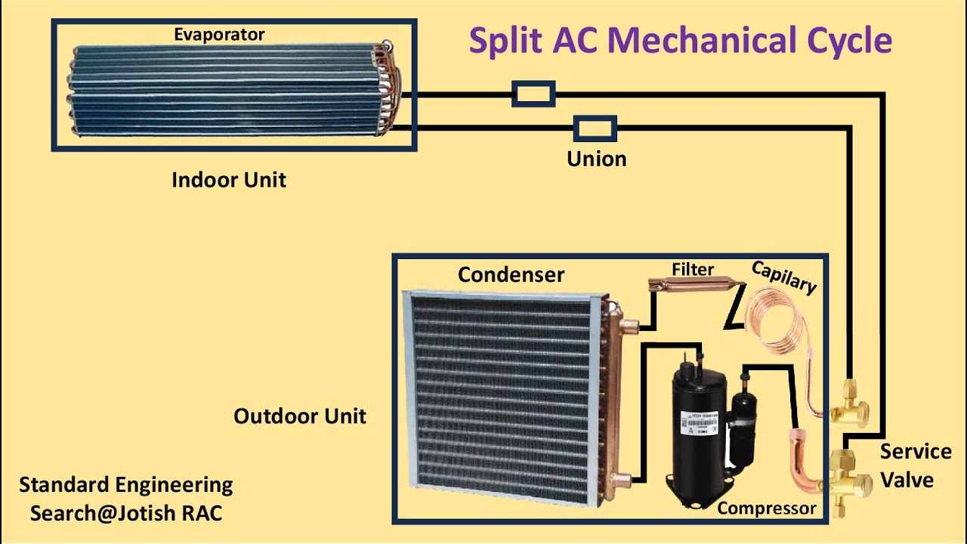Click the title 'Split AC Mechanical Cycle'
coord(680,41)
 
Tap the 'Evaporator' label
coord(219,35)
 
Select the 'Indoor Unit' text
coord(229,180)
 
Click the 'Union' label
coord(597,159)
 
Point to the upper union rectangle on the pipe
coord(534,94)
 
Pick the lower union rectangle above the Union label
coord(595,128)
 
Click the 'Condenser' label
coord(511,274)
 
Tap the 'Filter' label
coord(693,270)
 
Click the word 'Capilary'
coord(784,278)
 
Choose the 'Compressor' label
coord(767,508)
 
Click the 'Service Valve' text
coord(915,465)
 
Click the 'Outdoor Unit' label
coord(300,416)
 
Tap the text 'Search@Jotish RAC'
coord(126,513)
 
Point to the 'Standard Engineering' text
coord(126,484)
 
